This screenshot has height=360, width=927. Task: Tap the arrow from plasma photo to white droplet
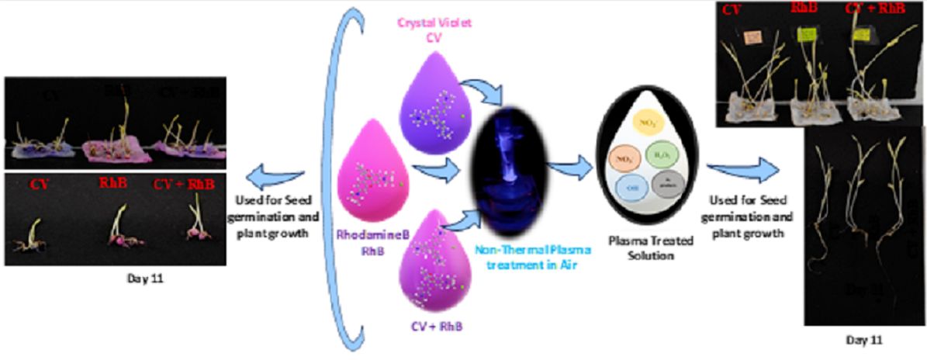pyautogui.click(x=568, y=164)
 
